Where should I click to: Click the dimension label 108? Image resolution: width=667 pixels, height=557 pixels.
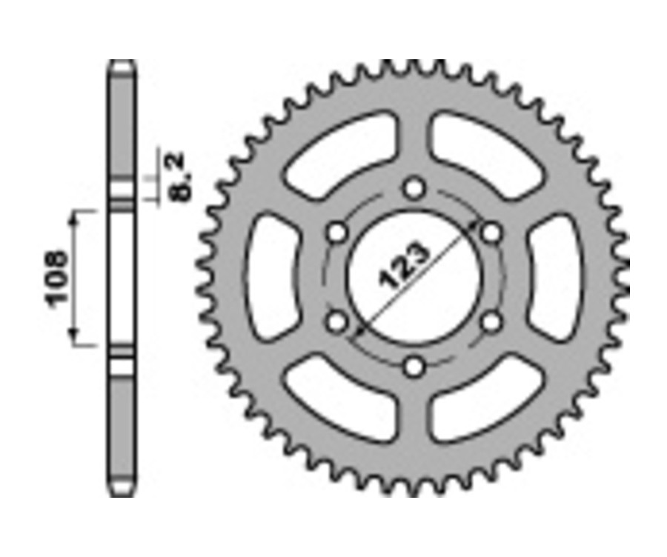click(57, 278)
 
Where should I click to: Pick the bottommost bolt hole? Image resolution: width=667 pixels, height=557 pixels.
click(415, 366)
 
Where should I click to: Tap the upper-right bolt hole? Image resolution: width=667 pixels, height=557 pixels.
click(491, 233)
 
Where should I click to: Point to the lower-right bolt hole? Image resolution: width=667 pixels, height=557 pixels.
click(491, 321)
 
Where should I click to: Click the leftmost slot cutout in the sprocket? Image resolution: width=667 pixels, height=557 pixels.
click(271, 278)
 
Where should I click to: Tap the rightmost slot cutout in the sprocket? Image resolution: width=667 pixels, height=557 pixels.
click(556, 278)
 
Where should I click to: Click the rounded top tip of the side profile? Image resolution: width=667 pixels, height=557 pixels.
click(122, 64)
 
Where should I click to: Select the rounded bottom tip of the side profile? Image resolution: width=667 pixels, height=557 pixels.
click(122, 493)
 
